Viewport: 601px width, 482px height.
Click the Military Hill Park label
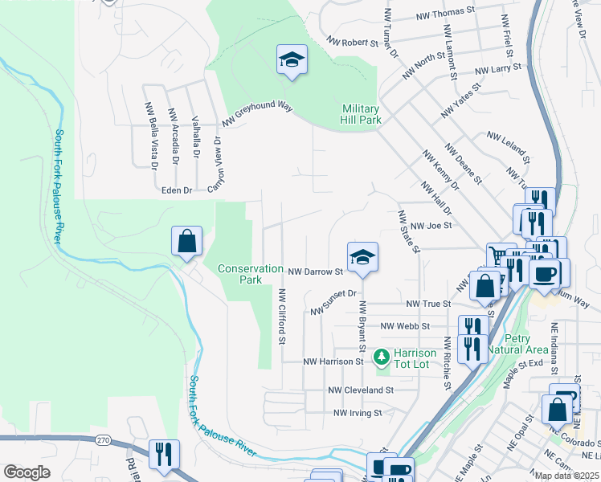pos(361,114)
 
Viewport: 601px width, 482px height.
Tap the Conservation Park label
pos(251,275)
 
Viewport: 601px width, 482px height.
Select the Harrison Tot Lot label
pos(415,358)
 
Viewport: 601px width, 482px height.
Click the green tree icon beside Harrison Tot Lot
pos(383,355)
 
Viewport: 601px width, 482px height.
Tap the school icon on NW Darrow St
pos(362,257)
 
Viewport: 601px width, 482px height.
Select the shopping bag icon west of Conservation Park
pos(186,241)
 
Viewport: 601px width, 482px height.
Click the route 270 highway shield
pos(125,440)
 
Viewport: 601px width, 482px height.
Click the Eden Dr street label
pos(177,190)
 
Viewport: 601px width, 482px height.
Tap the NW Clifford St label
pos(282,318)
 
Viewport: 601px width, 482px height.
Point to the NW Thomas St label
pos(446,14)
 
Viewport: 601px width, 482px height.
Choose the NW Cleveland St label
pos(361,390)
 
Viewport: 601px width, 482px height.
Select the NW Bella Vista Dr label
pos(151,136)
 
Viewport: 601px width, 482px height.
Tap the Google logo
pos(27,472)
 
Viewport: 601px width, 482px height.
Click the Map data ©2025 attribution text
pos(566,476)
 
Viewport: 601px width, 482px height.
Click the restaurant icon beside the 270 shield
pos(164,453)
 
